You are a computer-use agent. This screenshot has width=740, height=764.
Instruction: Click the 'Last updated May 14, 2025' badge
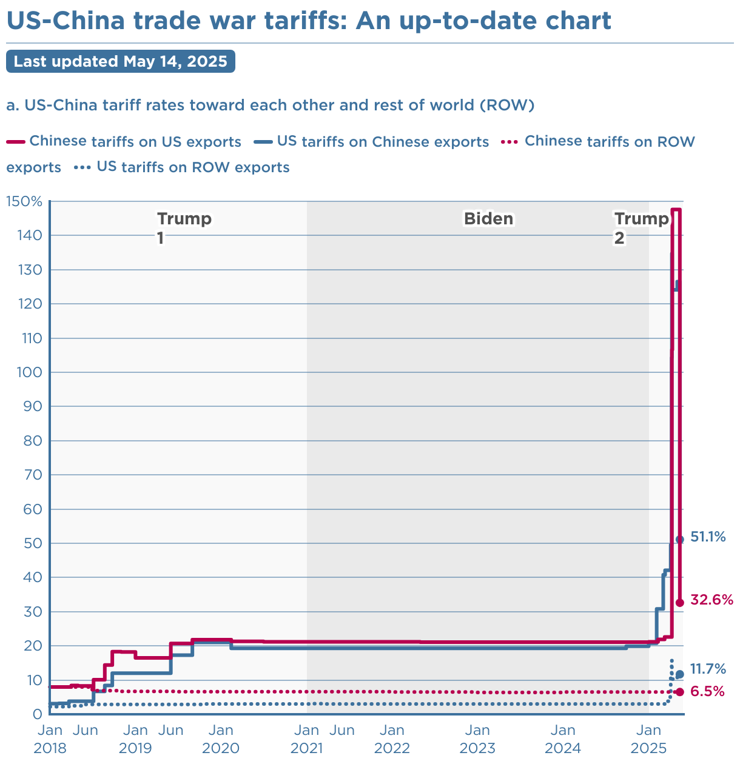(120, 62)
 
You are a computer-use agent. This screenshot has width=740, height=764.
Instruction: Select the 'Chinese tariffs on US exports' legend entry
(135, 142)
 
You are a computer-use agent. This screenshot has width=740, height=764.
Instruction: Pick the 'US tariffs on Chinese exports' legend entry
(382, 142)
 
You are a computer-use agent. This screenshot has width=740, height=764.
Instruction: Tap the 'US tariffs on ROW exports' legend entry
(192, 167)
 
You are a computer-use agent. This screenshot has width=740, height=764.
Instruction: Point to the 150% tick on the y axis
(24, 201)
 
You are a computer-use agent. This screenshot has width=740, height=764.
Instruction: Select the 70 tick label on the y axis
(33, 475)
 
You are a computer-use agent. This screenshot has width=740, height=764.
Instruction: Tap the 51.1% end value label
(708, 537)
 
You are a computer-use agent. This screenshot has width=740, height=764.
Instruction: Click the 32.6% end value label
(712, 600)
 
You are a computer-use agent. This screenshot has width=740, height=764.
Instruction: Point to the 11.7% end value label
(708, 669)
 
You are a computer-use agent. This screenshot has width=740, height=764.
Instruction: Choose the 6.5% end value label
(707, 691)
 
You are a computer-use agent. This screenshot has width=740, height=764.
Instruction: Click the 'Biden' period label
(488, 219)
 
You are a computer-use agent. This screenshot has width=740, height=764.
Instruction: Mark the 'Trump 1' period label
(184, 228)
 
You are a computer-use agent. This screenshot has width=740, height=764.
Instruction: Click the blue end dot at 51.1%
(680, 539)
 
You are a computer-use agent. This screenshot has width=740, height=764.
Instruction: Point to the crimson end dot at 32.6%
(680, 602)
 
